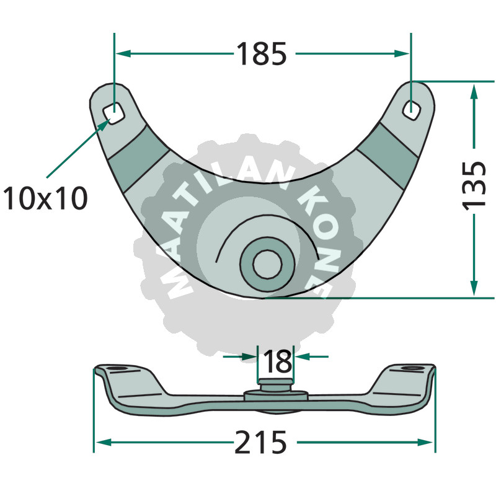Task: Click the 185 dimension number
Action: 261,54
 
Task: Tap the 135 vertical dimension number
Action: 474,185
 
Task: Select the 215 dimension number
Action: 260,442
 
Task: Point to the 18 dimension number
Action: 277,361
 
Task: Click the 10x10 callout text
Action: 45,198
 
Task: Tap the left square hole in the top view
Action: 113,113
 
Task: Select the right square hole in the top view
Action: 412,110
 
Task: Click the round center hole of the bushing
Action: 268,264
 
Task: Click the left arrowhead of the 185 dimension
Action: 123,54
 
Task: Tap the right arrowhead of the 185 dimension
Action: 402,54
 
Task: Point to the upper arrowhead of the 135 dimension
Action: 474,92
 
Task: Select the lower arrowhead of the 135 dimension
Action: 474,287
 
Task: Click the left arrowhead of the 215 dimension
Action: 104,442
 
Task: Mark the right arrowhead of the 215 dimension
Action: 425,442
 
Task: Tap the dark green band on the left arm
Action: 139,158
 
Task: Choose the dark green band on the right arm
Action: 388,156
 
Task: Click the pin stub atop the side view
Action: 275,385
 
